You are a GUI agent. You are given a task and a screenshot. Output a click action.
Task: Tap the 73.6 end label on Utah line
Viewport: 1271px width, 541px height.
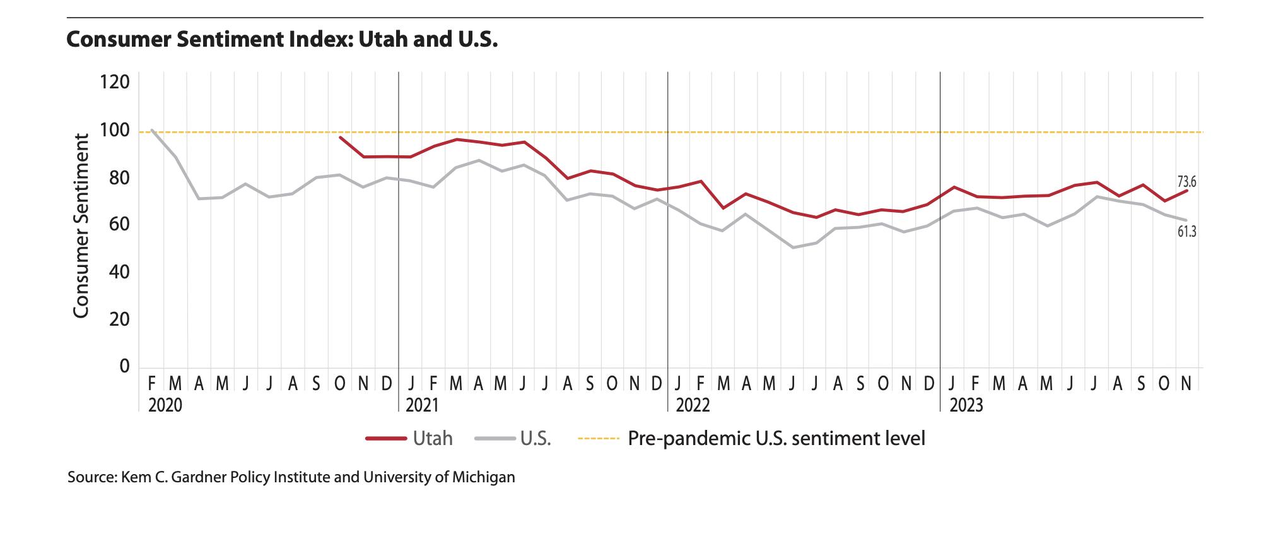click(x=1186, y=182)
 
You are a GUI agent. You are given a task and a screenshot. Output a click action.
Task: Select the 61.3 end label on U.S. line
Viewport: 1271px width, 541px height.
click(x=1186, y=232)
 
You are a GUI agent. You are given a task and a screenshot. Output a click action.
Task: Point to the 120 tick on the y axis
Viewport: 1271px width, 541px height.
click(x=115, y=83)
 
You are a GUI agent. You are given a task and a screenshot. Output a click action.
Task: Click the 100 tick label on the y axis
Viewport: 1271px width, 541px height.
click(x=115, y=131)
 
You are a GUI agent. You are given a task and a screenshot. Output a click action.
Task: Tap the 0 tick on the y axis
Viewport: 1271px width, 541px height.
click(x=124, y=367)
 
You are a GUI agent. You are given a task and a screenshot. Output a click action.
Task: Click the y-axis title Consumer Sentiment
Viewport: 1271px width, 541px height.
click(x=81, y=225)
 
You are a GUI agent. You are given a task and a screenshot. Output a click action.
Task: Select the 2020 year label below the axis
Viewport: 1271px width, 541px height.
click(x=165, y=405)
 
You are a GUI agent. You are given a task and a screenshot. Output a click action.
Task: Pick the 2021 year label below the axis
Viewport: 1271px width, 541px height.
click(x=421, y=405)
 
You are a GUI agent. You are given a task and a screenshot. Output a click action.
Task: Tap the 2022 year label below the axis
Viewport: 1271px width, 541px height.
click(x=693, y=405)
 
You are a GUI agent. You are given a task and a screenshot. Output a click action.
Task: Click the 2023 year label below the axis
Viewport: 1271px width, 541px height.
click(x=966, y=405)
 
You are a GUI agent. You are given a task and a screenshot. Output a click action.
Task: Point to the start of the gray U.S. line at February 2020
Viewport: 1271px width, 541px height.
click(x=152, y=130)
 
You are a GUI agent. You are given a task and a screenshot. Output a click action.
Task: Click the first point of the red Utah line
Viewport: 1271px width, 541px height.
click(x=340, y=137)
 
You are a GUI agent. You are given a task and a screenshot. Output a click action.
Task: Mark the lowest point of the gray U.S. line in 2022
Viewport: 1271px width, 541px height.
click(x=793, y=247)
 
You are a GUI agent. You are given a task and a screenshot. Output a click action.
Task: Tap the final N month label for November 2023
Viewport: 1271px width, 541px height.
click(x=1186, y=383)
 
